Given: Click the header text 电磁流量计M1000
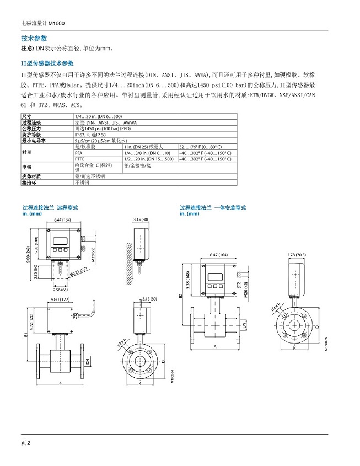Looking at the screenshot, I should (x=41, y=24).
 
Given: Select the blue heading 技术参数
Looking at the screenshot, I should (x=34, y=39).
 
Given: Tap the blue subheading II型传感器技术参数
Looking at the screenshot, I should (x=47, y=63).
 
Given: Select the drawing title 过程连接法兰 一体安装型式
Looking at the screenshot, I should (x=212, y=207).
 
